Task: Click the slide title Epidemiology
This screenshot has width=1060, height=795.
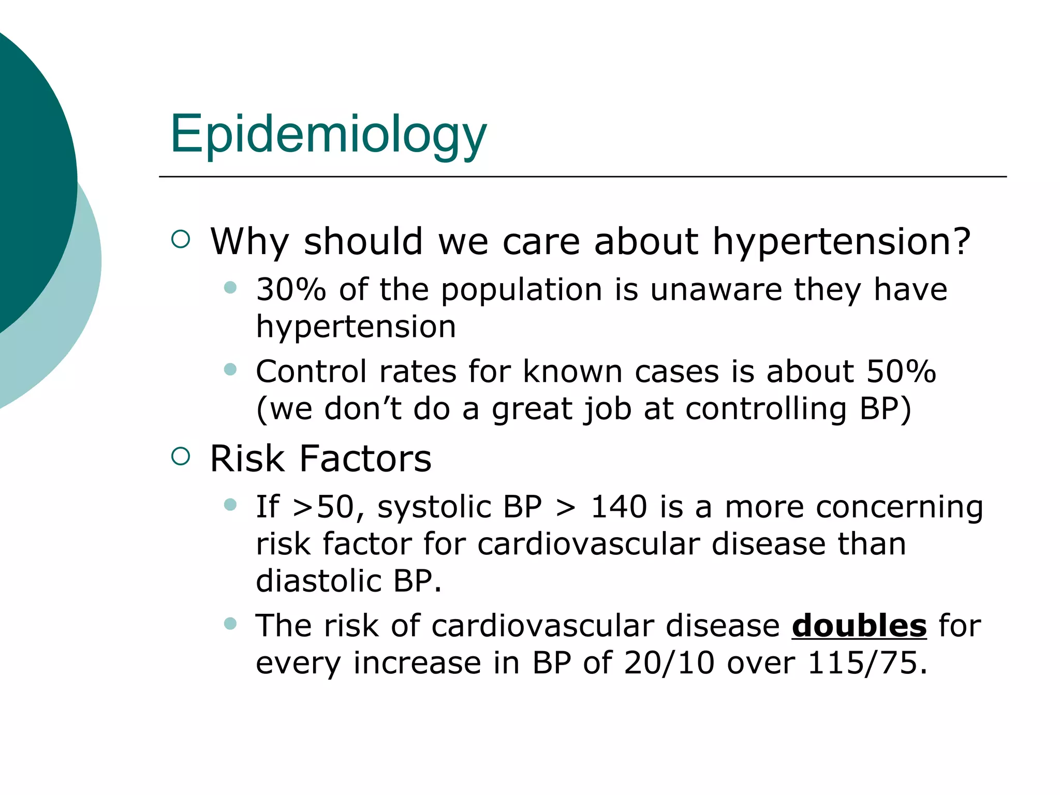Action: point(328,135)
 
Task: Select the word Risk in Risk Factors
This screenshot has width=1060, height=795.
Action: point(247,459)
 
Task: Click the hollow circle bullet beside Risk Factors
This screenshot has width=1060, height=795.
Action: point(181,457)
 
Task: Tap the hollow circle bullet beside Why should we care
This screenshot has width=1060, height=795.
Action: point(181,239)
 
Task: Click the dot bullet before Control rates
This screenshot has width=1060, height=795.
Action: point(230,370)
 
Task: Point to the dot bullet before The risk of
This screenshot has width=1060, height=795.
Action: point(230,624)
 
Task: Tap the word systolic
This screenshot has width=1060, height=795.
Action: point(433,507)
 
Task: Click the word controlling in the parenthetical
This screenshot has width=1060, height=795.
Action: point(765,409)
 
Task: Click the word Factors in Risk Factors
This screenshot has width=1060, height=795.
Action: point(365,459)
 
